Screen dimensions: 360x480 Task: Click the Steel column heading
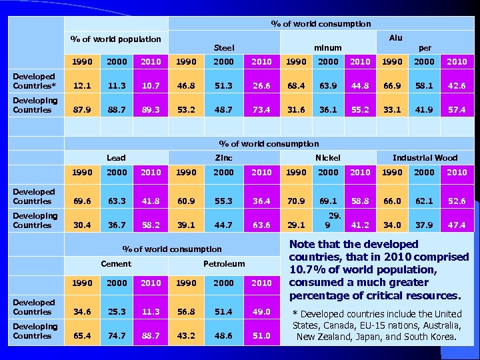click(x=223, y=48)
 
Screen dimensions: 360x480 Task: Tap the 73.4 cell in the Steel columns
click(x=261, y=110)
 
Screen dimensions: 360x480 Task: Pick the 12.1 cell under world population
click(x=82, y=86)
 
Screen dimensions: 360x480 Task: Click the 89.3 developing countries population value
click(x=151, y=110)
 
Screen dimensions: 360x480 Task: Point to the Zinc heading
click(x=223, y=158)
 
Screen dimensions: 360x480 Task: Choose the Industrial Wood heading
click(x=425, y=158)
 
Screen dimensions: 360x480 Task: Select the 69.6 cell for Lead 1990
click(x=82, y=201)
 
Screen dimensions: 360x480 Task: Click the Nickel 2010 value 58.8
click(x=360, y=201)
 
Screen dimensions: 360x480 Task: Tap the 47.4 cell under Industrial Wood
click(x=457, y=225)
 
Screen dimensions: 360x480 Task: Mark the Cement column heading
click(x=116, y=264)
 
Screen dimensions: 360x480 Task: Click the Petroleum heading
click(x=224, y=264)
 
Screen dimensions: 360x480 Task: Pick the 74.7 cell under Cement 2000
click(x=117, y=336)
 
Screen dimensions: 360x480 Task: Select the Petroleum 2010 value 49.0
click(x=261, y=312)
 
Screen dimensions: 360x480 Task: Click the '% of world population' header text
click(x=116, y=39)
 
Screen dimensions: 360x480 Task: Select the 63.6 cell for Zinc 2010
click(x=261, y=225)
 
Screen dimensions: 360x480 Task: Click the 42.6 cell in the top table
click(x=457, y=86)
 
